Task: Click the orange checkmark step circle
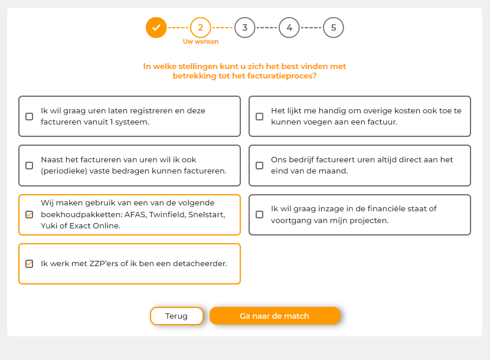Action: [156, 28]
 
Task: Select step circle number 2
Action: [201, 28]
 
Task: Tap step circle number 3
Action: [245, 28]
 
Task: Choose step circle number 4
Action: [289, 28]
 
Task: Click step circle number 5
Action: [334, 28]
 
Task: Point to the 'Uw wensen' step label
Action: [201, 41]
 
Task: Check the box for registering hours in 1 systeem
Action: [29, 117]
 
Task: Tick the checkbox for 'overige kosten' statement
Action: [259, 117]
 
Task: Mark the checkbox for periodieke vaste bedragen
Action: [29, 165]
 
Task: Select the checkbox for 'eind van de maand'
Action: [259, 165]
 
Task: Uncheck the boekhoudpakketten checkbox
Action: [29, 214]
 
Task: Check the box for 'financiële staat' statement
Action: [259, 214]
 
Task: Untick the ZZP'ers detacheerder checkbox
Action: [29, 264]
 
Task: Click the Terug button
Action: [177, 316]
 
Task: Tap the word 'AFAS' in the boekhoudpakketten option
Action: [135, 215]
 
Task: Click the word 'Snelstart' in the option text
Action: [207, 215]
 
